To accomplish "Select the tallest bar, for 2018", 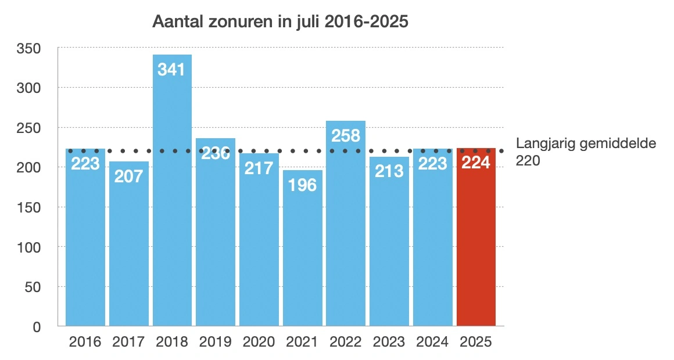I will tap(172, 192).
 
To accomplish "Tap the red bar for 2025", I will tap(476, 238).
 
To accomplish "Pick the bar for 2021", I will tap(302, 250).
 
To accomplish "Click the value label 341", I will tap(172, 70).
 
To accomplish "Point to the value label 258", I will tap(346, 136).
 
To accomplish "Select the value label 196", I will tap(302, 186).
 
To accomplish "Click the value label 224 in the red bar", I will tap(476, 163).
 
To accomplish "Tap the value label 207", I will tap(129, 176).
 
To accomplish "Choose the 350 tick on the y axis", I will tap(28, 48).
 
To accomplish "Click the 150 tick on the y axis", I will tap(28, 207).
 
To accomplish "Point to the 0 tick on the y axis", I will tap(36, 327).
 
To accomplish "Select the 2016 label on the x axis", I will tap(85, 342).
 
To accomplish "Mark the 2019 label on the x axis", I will tap(215, 342).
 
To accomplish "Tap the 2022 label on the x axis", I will tap(346, 342).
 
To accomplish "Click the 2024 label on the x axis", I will tap(432, 342).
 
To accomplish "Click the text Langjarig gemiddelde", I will tap(586, 143).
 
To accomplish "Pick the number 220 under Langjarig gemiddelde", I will tap(528, 161).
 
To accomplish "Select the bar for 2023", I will tap(389, 244).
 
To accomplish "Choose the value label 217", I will tap(259, 168).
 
